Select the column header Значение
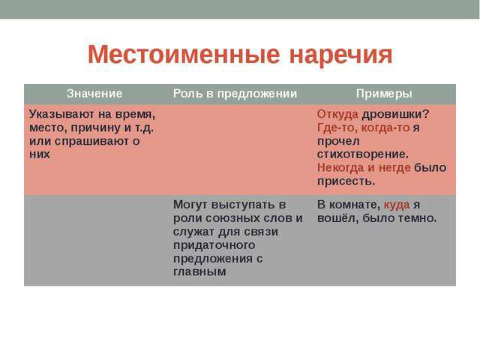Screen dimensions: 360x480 click(94, 94)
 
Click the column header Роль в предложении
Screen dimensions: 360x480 click(235, 94)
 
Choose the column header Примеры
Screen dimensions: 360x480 click(383, 94)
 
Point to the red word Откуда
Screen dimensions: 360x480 click(337, 115)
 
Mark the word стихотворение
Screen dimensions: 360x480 click(362, 154)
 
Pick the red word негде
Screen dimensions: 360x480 click(395, 168)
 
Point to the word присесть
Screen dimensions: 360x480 click(346, 181)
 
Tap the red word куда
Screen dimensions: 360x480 click(397, 205)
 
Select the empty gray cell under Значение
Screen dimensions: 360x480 click(94, 240)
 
